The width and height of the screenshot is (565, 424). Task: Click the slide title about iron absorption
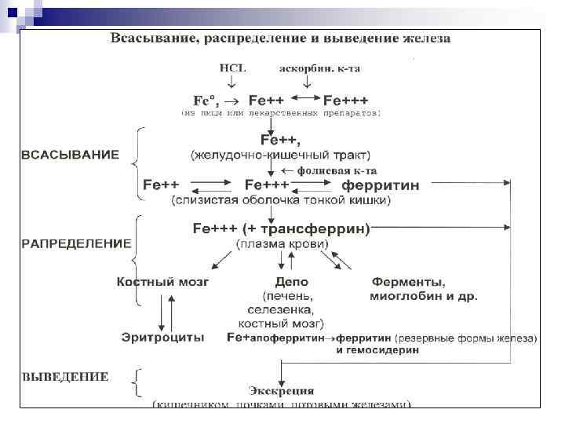coord(280,38)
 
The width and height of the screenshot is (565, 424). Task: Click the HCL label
coord(231,68)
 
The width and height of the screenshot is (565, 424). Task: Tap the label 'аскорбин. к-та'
coord(319,68)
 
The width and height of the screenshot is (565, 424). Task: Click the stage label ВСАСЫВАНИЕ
coord(69,155)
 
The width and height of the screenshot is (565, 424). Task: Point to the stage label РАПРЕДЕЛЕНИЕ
coord(75,243)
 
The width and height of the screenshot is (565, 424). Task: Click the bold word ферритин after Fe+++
coord(380,186)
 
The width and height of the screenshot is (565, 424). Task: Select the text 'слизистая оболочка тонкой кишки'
coord(281,201)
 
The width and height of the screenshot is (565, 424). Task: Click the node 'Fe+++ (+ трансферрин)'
coord(282,228)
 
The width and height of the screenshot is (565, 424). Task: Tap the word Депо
coord(291,281)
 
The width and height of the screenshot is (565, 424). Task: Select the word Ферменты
coord(408,281)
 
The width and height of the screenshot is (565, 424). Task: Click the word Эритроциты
coord(163,337)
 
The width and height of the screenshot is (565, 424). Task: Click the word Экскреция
coord(282,390)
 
